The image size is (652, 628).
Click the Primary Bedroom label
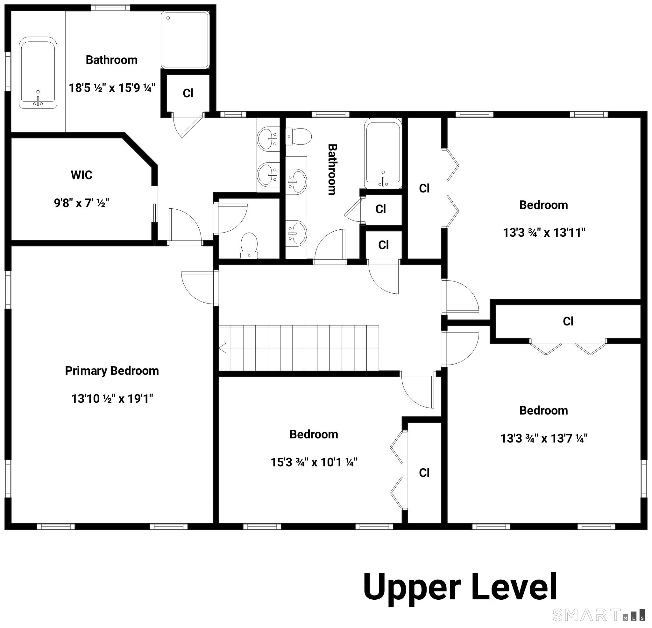(x=112, y=371)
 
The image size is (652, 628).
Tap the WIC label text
(x=81, y=175)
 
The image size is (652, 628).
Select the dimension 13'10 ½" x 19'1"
(x=112, y=398)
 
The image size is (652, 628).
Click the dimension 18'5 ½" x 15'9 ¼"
(x=112, y=88)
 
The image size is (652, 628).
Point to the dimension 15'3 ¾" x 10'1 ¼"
(x=314, y=463)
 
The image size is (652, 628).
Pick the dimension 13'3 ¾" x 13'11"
(x=544, y=233)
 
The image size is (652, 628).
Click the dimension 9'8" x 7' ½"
(x=81, y=203)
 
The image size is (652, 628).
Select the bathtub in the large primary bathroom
(x=38, y=73)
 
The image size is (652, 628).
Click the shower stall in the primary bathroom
(x=185, y=40)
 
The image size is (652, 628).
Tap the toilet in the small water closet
(x=249, y=246)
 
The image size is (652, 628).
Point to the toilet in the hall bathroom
(x=298, y=136)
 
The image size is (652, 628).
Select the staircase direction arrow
(x=222, y=348)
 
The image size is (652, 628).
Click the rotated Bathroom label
(x=332, y=169)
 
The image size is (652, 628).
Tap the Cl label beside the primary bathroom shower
(x=188, y=94)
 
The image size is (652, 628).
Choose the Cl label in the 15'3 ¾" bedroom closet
(x=424, y=473)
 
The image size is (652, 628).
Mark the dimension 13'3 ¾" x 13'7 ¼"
(x=544, y=438)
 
